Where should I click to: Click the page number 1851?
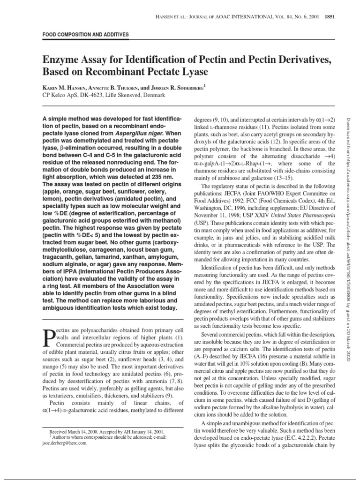coord(327,17)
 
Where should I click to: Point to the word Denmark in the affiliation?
coord(151,95)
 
